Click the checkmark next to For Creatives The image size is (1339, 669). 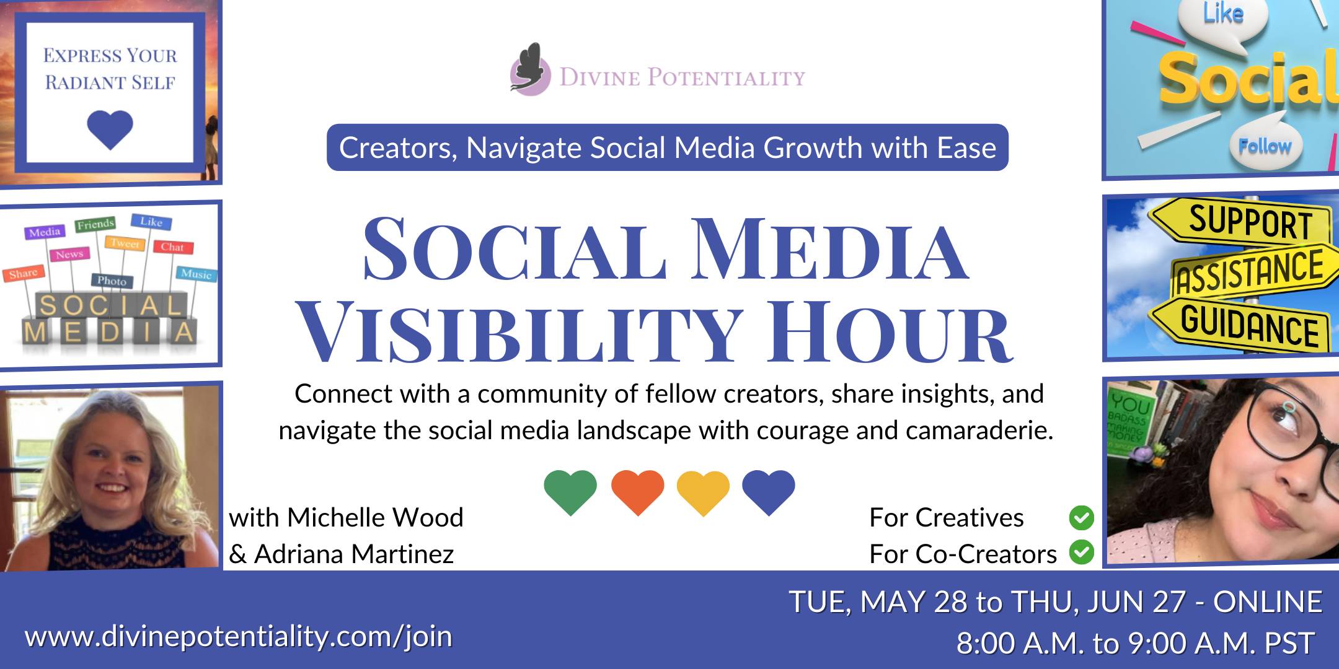pyautogui.click(x=1082, y=518)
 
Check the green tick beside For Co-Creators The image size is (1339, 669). pyautogui.click(x=1082, y=552)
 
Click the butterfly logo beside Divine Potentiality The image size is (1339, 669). pyautogui.click(x=530, y=69)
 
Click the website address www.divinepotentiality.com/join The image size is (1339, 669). pyautogui.click(x=239, y=637)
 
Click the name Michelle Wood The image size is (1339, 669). pyautogui.click(x=375, y=517)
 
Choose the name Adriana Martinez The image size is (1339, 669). pyautogui.click(x=354, y=554)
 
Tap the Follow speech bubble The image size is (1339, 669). pyautogui.click(x=1265, y=147)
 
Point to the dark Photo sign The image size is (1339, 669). pyautogui.click(x=112, y=281)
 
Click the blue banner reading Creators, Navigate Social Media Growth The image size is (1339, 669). pyautogui.click(x=668, y=147)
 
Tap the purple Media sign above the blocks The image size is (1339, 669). pyautogui.click(x=45, y=232)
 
